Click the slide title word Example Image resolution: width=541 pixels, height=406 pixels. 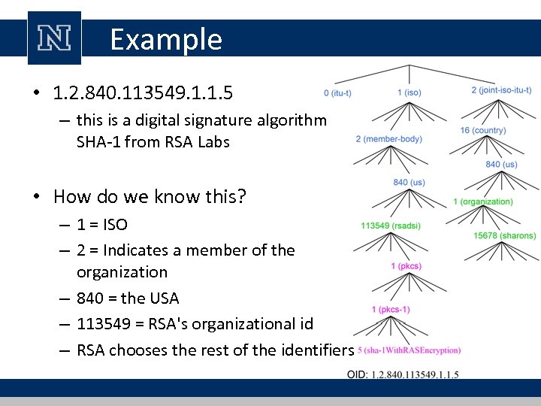166,39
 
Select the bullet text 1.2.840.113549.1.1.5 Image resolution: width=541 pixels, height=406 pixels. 143,93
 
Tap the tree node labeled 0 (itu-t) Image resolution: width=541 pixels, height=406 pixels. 337,93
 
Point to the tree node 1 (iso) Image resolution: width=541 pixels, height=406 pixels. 409,92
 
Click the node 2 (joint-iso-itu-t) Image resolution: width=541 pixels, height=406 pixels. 501,90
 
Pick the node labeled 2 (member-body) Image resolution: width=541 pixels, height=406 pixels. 388,139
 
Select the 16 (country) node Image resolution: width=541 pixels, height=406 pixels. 483,131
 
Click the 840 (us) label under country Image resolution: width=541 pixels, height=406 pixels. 501,165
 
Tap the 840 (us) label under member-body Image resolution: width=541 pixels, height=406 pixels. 409,183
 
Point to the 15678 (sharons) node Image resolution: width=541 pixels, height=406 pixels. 505,235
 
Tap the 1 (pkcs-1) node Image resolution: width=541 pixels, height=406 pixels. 391,310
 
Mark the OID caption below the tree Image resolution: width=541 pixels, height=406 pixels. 403,374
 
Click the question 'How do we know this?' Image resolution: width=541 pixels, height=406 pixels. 150,197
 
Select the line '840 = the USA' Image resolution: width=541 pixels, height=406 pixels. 128,298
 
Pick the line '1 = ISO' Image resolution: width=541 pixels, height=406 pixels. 102,224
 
